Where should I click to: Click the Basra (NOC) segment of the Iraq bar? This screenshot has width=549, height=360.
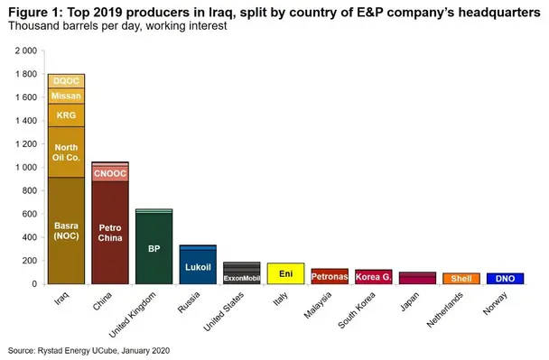[66, 230]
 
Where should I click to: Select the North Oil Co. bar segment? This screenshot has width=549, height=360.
[66, 152]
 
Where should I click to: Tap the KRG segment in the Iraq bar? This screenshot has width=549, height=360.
[66, 115]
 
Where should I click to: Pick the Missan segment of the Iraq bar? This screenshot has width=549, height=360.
[66, 96]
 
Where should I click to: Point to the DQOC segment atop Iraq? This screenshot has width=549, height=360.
[66, 80]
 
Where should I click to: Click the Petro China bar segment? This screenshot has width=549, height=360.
[109, 233]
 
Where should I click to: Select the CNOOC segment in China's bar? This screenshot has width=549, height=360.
[109, 173]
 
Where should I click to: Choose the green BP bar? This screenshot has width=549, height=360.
[154, 248]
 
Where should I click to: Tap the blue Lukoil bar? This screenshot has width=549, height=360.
[197, 267]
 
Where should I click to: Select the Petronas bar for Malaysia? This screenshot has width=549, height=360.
[329, 276]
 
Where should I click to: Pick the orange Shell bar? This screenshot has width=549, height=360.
[461, 279]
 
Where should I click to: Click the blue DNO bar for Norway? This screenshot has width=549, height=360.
[505, 279]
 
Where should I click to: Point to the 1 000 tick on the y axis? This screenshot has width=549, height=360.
[26, 168]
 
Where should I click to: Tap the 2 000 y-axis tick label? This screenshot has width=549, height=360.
[26, 51]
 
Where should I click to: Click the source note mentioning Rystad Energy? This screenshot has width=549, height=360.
[88, 349]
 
